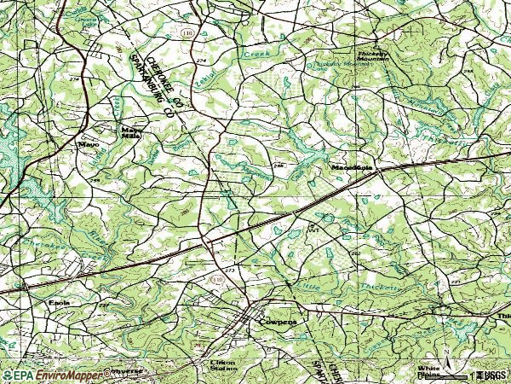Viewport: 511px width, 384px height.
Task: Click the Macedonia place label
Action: click(x=351, y=168)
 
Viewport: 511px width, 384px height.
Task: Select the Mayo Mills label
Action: click(x=130, y=132)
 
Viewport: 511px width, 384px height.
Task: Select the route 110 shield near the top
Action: click(x=187, y=32)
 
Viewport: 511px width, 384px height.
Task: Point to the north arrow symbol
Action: click(x=447, y=354)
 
